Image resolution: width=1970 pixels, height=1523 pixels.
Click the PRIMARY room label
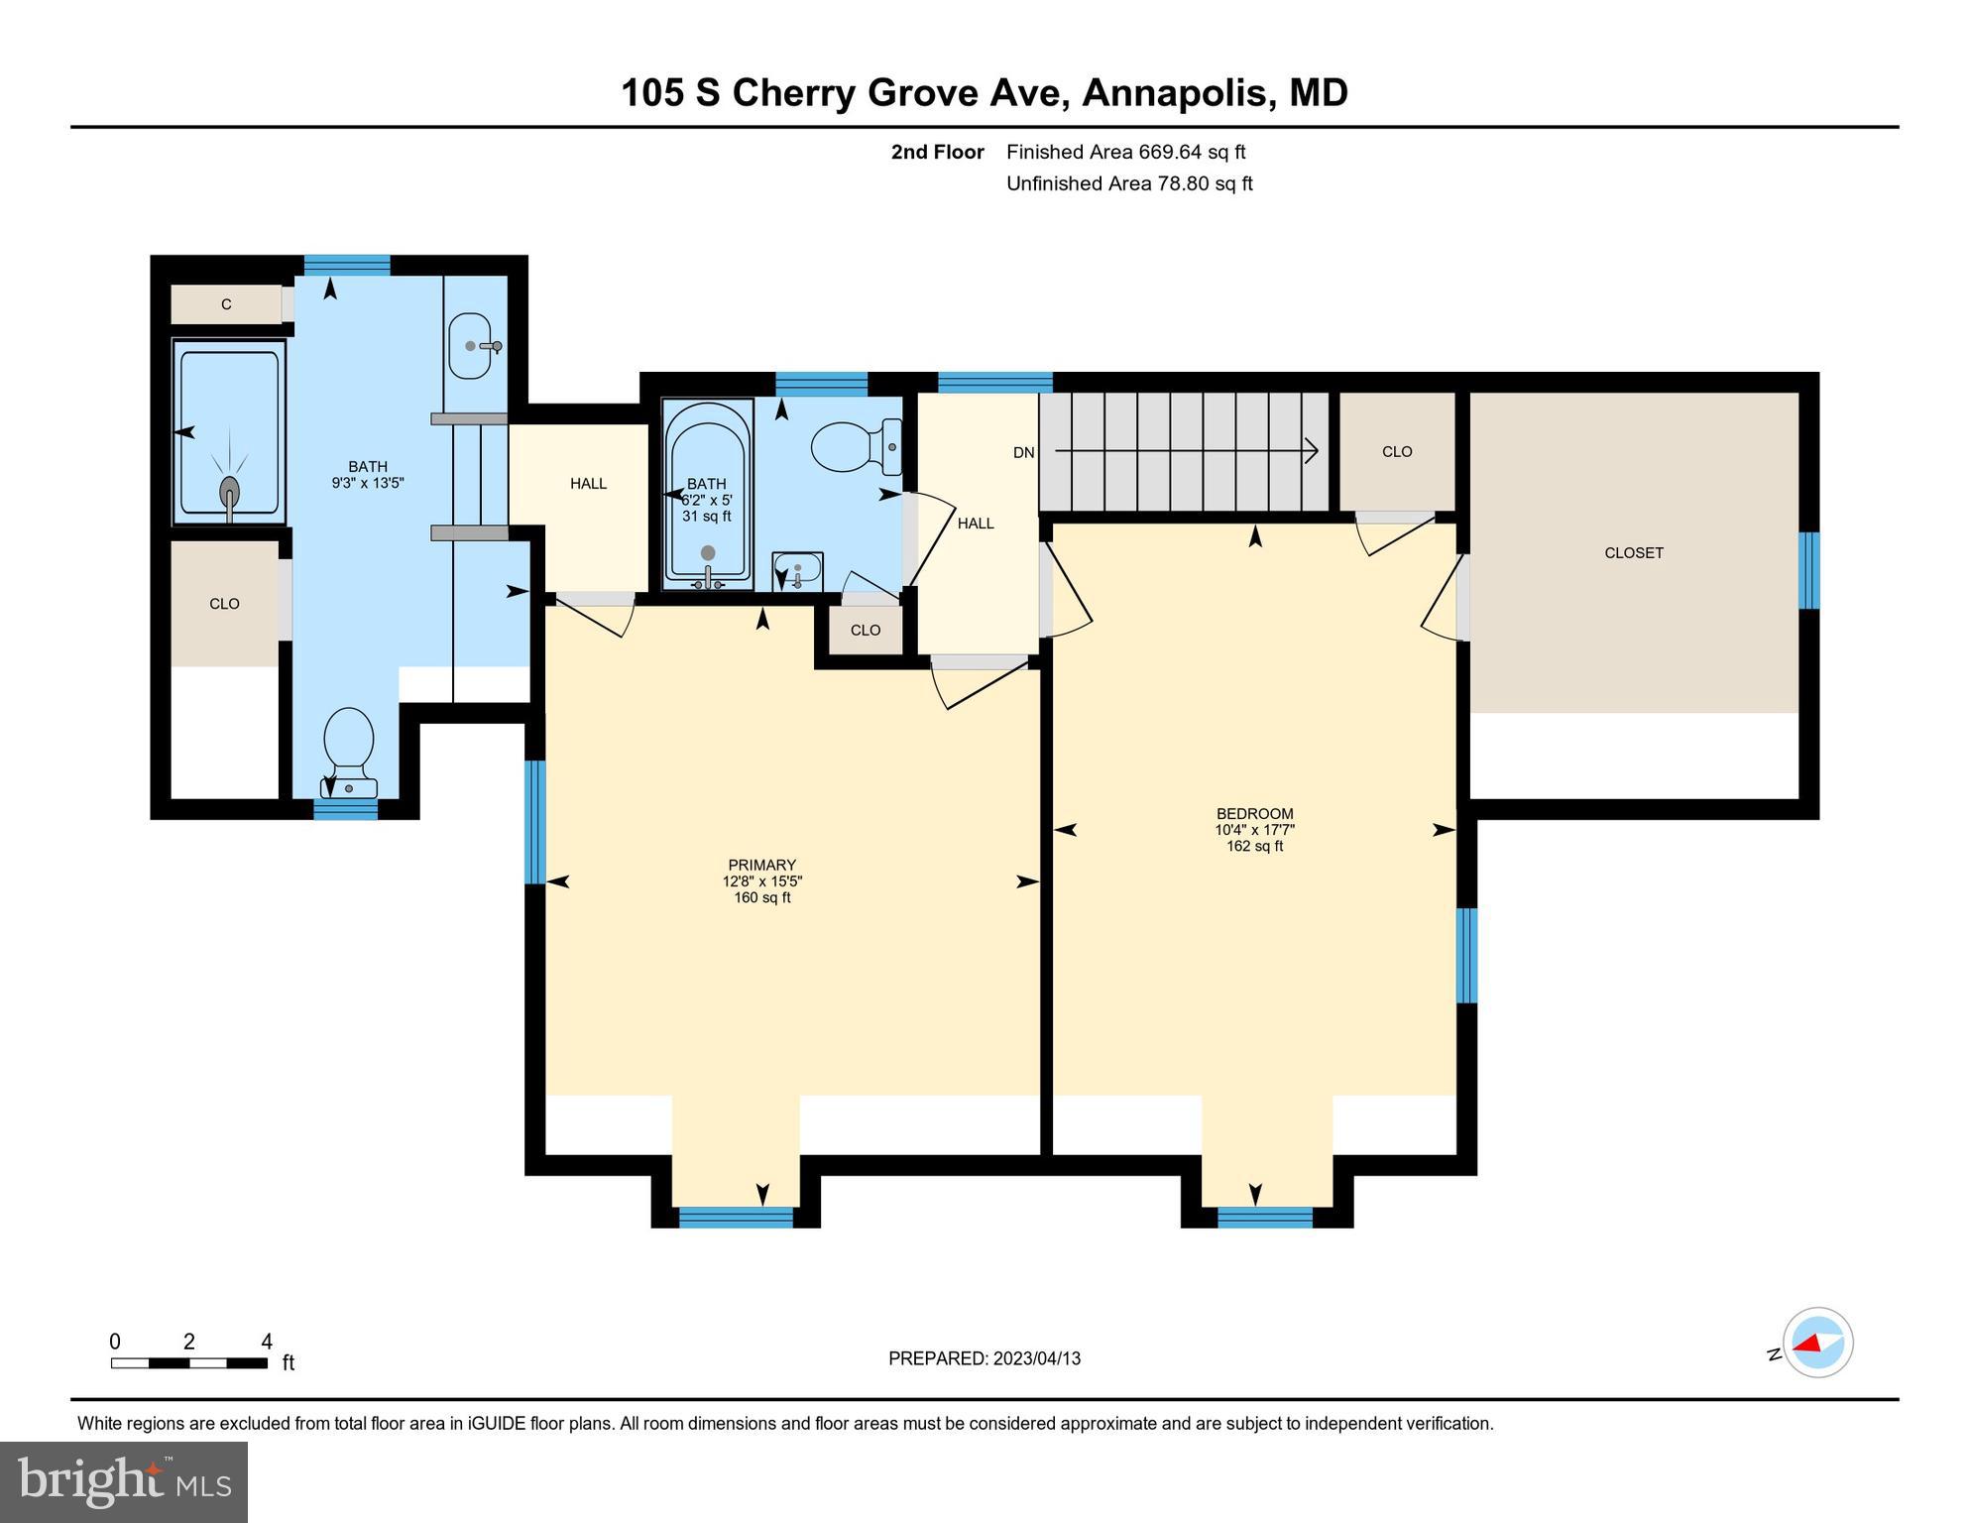pos(761,865)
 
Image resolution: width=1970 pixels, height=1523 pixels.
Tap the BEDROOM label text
pos(1254,814)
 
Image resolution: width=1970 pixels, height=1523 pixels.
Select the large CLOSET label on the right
pos(1633,553)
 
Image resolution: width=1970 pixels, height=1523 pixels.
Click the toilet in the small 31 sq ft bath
pos(854,447)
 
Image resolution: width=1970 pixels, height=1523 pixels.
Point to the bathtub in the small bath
pos(707,491)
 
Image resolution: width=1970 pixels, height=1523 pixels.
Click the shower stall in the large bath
pos(230,432)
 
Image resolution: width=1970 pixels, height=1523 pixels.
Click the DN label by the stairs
pos(1023,453)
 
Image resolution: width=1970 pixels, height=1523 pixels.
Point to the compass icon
pos(1817,1343)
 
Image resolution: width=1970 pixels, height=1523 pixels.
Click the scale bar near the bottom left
pos(188,1363)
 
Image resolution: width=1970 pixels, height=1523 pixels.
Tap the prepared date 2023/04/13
pos(984,1358)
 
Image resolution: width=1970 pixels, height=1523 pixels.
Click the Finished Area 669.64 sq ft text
pos(1125,152)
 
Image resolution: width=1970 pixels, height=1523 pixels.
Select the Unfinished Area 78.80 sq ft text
pos(1129,183)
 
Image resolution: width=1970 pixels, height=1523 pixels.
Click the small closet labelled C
pos(227,304)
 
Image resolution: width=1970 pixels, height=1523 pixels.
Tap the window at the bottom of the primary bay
pos(736,1218)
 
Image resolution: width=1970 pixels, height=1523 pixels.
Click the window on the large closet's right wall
pos(1809,570)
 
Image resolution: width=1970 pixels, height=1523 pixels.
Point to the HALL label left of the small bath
pos(588,484)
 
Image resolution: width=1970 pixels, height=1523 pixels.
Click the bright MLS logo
pos(124,1481)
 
